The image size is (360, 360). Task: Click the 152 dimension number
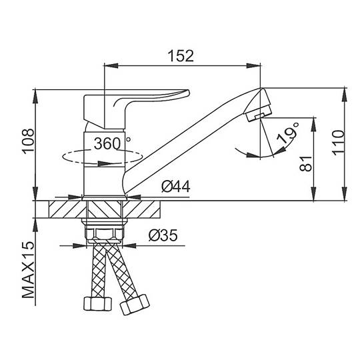(181, 56)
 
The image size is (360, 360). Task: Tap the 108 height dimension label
(28, 141)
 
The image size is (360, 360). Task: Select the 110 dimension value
(339, 143)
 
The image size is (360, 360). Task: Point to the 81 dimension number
(306, 164)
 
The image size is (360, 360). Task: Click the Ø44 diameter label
(176, 187)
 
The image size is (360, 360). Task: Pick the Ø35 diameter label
(163, 235)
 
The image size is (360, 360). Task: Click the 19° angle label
(288, 134)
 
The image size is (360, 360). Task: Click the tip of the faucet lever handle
(189, 92)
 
